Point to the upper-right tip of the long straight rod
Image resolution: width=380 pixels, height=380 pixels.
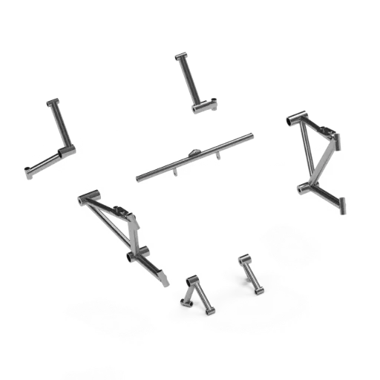tap(251, 135)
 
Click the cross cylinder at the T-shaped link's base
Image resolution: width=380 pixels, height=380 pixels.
tap(205, 107)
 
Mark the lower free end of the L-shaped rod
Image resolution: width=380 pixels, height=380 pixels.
tap(29, 174)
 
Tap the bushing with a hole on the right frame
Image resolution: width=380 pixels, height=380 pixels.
tap(301, 188)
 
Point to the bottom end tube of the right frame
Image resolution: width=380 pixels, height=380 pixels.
tap(344, 206)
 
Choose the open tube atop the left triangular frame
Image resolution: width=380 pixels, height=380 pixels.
tap(87, 197)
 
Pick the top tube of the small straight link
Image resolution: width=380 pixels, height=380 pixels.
tap(244, 258)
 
